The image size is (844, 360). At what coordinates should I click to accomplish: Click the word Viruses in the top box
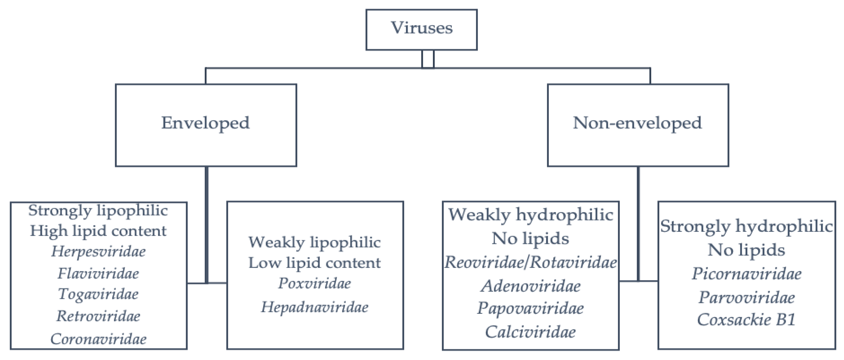422,28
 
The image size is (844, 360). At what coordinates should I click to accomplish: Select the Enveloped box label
206,123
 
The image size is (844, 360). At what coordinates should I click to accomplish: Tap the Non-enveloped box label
637,123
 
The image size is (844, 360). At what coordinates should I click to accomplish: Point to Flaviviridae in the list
98,273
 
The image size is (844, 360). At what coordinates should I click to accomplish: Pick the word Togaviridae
98,294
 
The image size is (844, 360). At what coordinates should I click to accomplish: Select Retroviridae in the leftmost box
98,316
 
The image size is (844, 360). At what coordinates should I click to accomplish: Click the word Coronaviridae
98,339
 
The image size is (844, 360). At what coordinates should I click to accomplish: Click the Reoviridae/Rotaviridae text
530,262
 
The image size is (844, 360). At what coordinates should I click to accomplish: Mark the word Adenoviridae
530,286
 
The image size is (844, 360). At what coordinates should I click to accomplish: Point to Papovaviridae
530,308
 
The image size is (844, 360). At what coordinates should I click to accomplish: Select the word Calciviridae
530,332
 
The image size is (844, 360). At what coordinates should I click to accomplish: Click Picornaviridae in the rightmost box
746,273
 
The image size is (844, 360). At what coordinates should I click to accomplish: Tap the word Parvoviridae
746,297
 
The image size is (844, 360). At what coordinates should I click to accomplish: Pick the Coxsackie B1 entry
746,320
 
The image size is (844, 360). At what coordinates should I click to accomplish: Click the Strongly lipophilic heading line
98,211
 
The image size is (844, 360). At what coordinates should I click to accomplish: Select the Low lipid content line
314,263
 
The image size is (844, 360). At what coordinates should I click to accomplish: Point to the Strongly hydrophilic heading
746,226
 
